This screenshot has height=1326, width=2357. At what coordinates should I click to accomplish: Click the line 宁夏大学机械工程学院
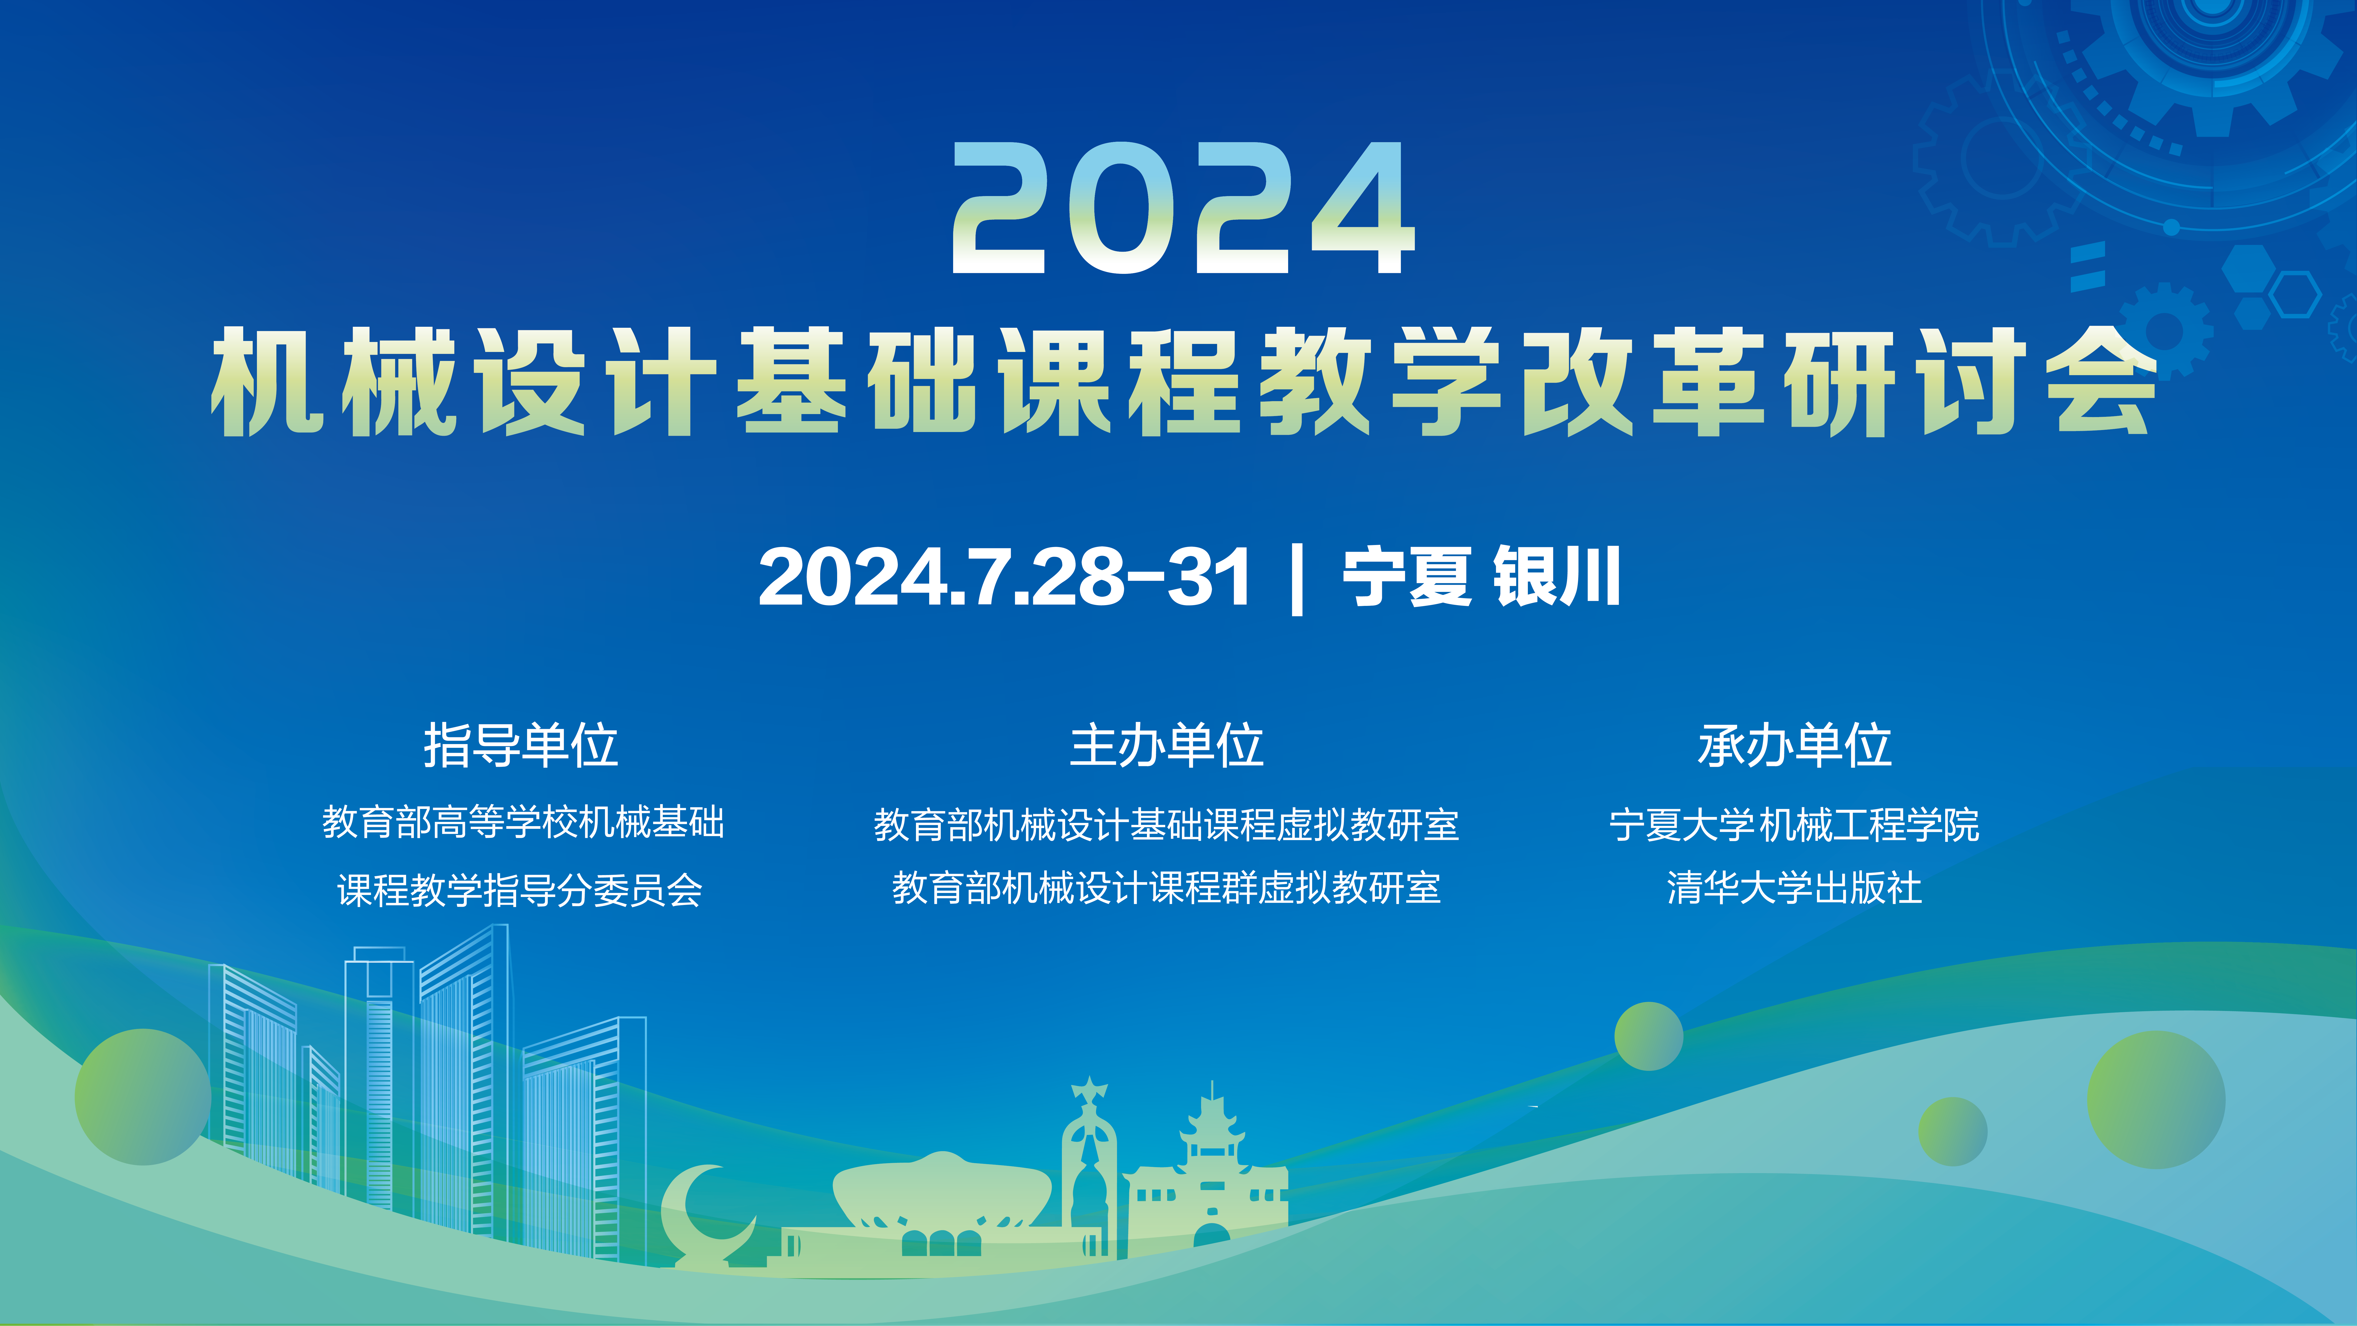pyautogui.click(x=1794, y=825)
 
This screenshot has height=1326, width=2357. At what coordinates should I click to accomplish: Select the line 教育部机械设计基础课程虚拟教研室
pyautogui.click(x=1167, y=825)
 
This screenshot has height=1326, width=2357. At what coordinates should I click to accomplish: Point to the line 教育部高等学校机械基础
pyautogui.click(x=522, y=822)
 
